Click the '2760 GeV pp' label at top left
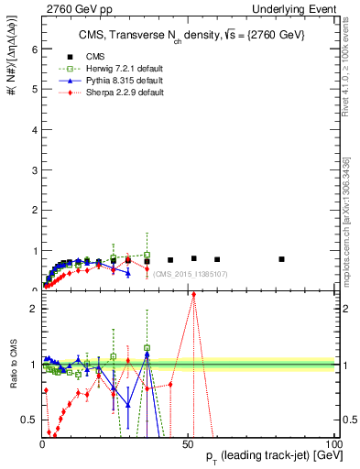(x=72, y=7)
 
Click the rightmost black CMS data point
(x=281, y=259)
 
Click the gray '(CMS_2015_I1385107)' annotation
(x=191, y=274)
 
